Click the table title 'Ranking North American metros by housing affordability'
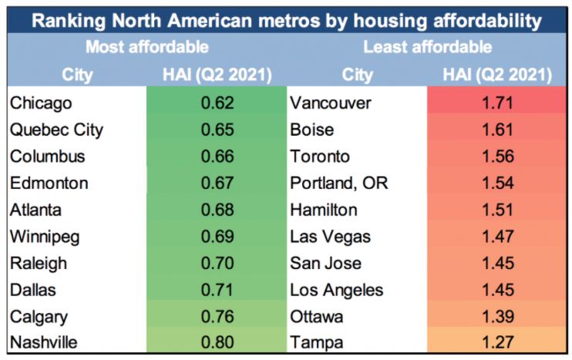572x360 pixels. (x=286, y=20)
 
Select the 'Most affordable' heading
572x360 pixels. (x=146, y=47)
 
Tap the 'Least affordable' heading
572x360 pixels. (x=427, y=47)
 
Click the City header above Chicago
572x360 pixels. (x=76, y=75)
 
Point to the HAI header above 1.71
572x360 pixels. (x=497, y=75)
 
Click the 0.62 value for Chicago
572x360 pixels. (x=217, y=103)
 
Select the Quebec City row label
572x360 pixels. (x=56, y=130)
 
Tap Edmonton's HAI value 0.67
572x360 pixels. (x=217, y=183)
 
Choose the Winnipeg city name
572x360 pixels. (x=45, y=237)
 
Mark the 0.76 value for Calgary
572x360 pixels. (x=217, y=317)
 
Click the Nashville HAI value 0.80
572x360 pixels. (x=217, y=344)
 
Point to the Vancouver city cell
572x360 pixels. (x=331, y=103)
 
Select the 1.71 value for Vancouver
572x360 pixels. (x=497, y=103)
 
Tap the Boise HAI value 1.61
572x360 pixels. (x=497, y=130)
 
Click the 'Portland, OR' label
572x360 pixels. (x=339, y=183)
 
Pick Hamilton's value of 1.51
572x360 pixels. (x=497, y=210)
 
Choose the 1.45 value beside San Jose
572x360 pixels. (x=497, y=264)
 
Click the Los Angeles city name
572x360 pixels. (x=336, y=291)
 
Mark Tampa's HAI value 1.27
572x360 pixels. (x=497, y=344)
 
